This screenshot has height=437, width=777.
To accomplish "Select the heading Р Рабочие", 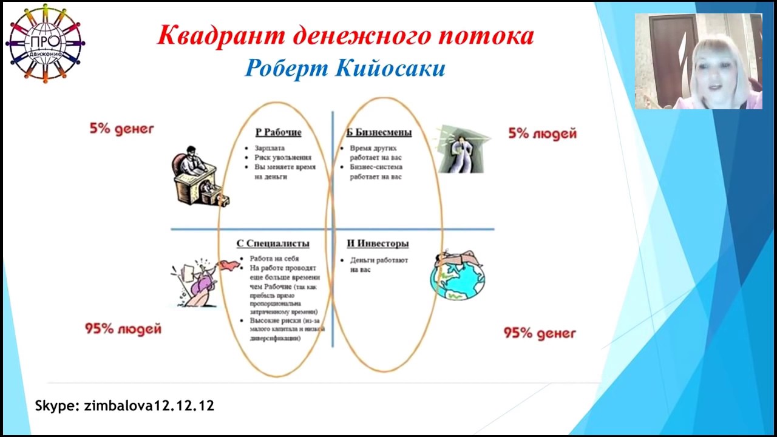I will click(x=278, y=132).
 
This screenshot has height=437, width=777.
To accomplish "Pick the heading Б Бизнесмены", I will click(x=379, y=132).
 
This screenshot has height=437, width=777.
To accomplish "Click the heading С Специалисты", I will click(x=273, y=243).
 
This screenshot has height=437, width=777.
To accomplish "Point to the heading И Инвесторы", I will click(x=378, y=243).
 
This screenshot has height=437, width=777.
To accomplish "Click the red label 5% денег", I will click(x=121, y=129).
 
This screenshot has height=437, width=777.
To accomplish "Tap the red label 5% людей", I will click(x=542, y=134).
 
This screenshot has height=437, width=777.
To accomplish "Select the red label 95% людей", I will click(x=123, y=329).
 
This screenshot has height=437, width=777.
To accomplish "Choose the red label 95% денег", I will click(x=540, y=333).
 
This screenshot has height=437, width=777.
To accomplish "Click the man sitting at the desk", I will click(x=197, y=176).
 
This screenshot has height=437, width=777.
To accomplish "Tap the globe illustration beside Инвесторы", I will click(x=458, y=276).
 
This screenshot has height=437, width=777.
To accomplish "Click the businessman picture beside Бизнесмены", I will click(x=463, y=149).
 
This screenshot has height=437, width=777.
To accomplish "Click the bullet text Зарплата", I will click(x=270, y=148).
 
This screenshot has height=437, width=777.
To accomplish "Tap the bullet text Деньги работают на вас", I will click(x=378, y=265).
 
